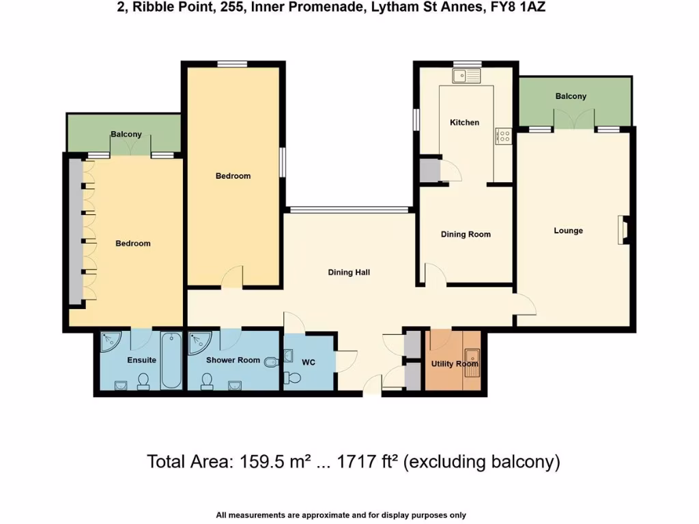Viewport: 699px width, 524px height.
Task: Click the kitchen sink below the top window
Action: tap(468, 75)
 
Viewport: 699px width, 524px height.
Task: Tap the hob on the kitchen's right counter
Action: tap(504, 136)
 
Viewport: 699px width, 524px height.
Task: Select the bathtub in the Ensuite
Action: tap(171, 360)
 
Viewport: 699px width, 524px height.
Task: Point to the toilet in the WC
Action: tap(292, 377)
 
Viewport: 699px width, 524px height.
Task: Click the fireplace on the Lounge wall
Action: tap(623, 230)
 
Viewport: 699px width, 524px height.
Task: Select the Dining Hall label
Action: tap(349, 272)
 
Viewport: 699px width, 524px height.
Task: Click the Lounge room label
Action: tap(568, 231)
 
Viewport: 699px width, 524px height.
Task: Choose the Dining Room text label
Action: tap(466, 234)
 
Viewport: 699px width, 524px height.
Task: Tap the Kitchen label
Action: tap(464, 122)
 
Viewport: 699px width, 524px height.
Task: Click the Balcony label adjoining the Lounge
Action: tap(571, 96)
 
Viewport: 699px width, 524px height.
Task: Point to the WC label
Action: tap(309, 363)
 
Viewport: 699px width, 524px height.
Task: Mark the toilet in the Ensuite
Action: tap(144, 379)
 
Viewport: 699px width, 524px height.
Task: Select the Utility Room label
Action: tap(455, 364)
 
